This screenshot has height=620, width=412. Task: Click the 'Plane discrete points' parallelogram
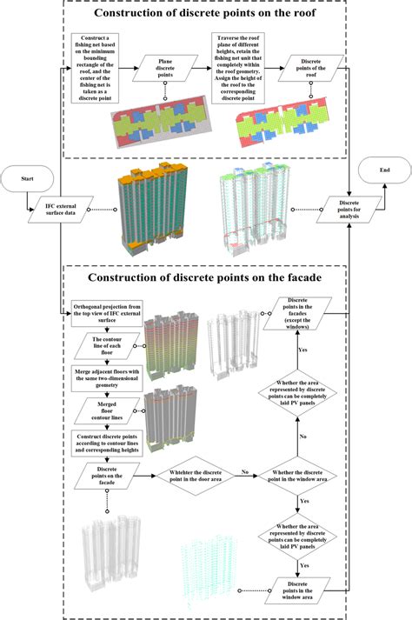click(163, 70)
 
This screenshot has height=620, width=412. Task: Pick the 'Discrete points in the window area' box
click(304, 588)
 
